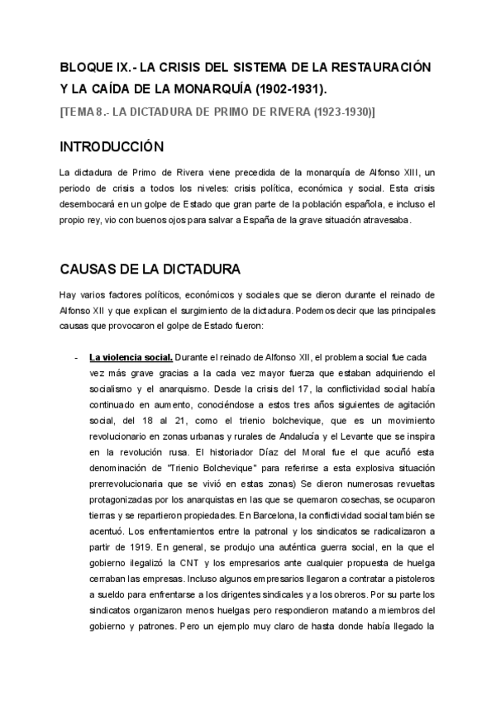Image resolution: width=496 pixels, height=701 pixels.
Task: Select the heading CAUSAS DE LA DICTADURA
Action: [150, 269]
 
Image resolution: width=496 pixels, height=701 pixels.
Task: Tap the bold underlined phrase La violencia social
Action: [131, 357]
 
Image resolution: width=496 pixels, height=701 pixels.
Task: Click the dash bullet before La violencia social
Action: [75, 357]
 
